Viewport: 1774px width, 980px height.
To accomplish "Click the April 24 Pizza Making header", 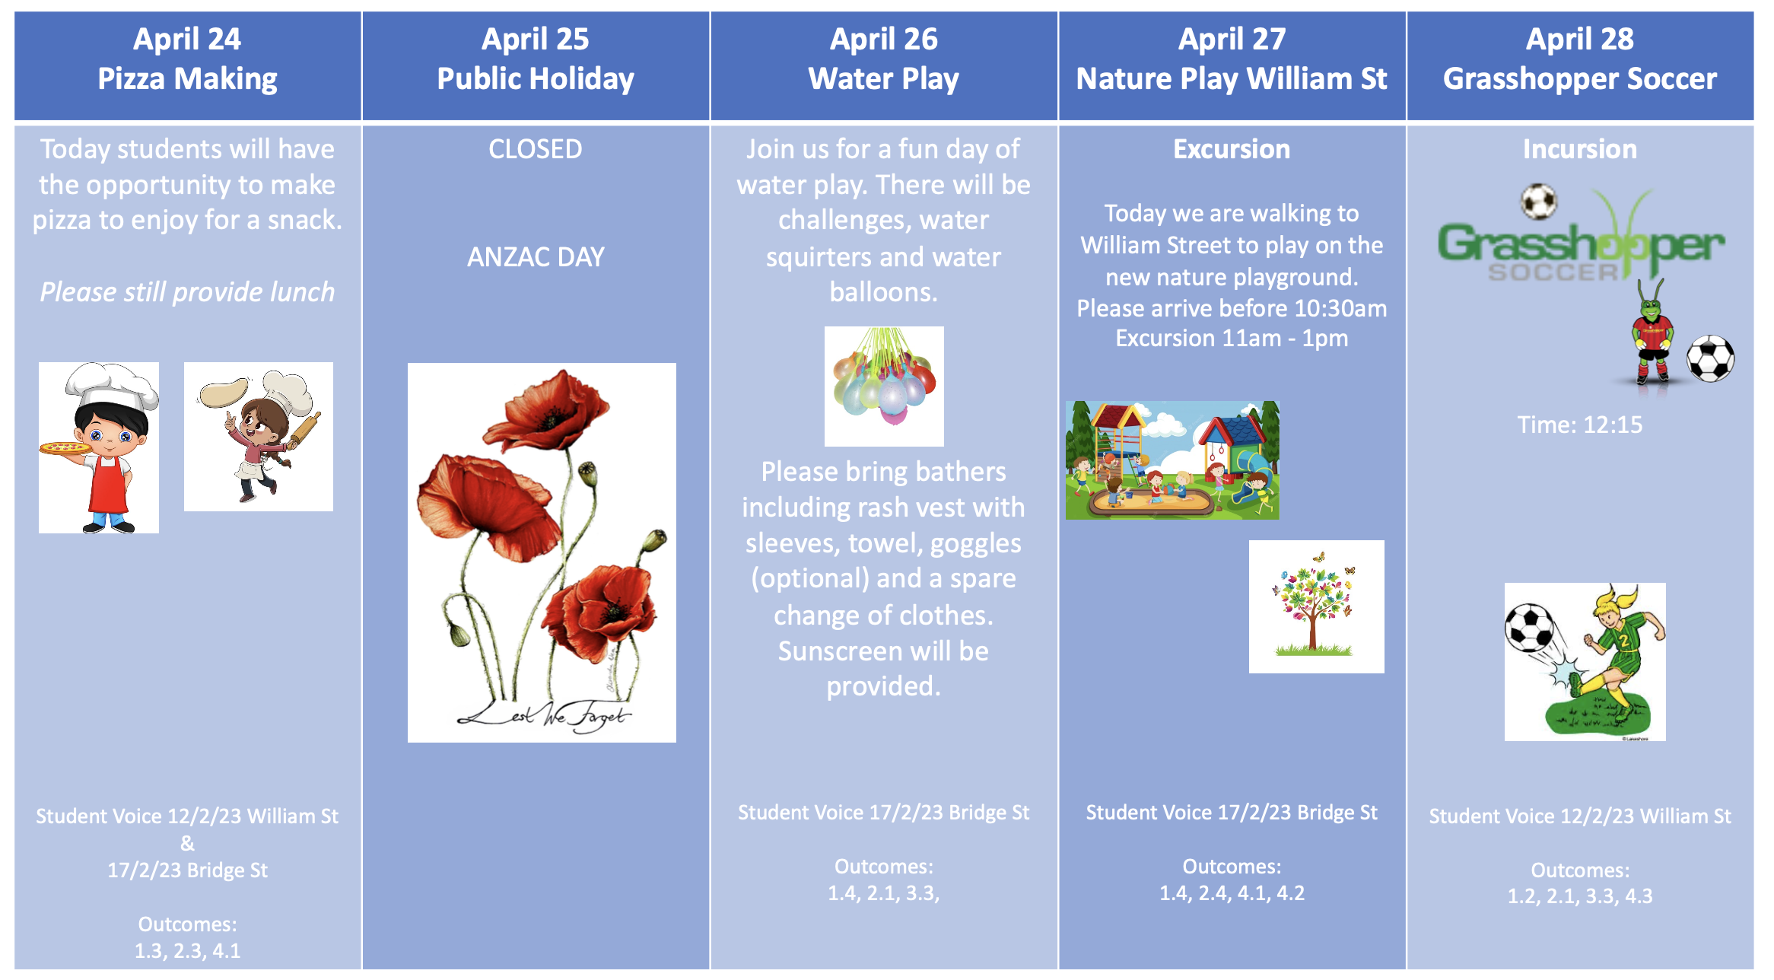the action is pos(187,59).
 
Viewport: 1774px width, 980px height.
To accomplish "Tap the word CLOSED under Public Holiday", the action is pos(536,149).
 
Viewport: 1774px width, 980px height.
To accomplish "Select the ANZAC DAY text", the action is pos(536,257).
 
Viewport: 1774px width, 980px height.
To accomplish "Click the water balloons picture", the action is pos(884,386).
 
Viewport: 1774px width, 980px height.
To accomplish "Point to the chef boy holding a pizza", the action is pos(99,447).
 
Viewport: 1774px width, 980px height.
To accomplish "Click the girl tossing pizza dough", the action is pos(259,437).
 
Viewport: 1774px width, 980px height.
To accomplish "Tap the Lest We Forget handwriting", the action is pos(545,715).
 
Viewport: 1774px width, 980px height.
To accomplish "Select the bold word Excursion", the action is pos(1232,149).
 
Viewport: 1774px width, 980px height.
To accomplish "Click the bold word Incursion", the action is pos(1580,149).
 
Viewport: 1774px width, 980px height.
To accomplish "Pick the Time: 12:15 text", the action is pos(1580,425).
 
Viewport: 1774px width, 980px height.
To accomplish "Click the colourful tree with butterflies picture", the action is pos(1317,606).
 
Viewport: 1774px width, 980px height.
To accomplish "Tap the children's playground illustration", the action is pos(1172,460).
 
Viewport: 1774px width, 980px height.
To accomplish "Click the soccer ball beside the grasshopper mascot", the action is pos(1711,358).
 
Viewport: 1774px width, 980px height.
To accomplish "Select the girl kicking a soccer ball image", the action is pos(1585,662).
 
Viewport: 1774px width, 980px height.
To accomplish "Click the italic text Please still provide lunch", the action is pos(187,292).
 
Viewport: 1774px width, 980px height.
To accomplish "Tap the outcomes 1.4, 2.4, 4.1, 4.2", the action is pos(1232,893).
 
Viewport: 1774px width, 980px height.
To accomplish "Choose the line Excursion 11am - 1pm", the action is pos(1232,338).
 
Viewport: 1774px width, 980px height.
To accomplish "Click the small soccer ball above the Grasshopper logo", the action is pos(1539,202).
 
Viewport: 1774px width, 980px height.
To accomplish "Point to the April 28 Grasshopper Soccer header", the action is pos(1580,59).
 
